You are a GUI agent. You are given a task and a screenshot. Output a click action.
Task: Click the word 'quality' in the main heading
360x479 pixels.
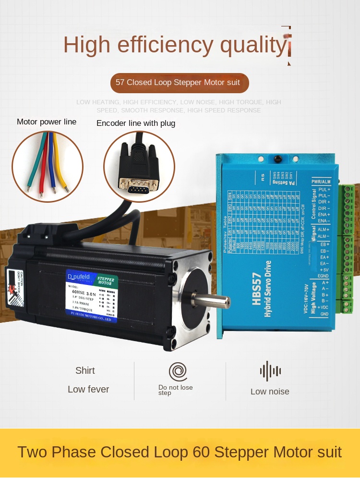click(253, 45)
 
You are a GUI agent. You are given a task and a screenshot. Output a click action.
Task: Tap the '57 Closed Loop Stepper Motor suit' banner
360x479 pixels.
click(178, 83)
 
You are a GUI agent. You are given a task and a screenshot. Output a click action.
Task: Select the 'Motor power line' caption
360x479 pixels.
click(47, 122)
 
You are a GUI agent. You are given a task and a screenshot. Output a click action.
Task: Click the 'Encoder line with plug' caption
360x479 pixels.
click(136, 123)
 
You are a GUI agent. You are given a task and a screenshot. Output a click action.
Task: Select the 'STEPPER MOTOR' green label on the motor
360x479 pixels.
click(105, 280)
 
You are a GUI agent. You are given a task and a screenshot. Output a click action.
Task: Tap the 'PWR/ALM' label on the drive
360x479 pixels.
click(321, 182)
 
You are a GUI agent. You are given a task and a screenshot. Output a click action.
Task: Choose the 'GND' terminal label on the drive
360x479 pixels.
click(324, 314)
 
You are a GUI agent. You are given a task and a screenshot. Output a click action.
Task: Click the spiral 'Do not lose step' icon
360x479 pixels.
click(178, 371)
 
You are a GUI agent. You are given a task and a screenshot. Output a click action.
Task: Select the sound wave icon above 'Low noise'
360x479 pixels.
click(270, 371)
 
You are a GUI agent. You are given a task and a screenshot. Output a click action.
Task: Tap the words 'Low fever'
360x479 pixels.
click(88, 389)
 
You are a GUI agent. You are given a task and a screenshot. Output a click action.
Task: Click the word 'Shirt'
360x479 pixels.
click(85, 370)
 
